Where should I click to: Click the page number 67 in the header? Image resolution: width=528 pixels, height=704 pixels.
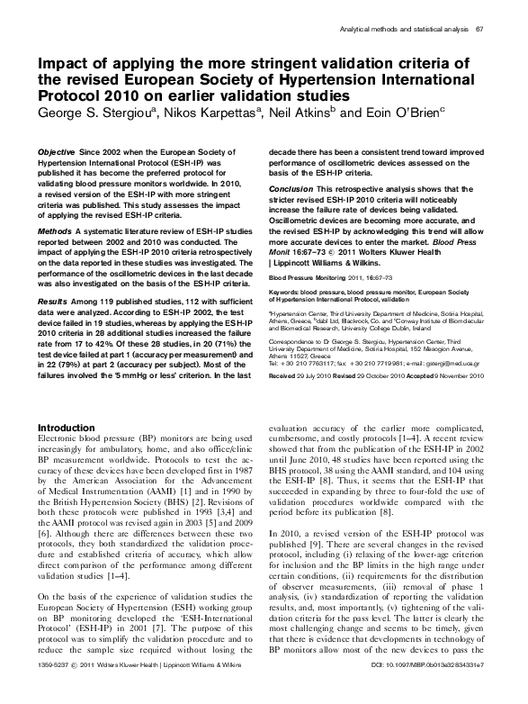pyautogui.click(x=479, y=30)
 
